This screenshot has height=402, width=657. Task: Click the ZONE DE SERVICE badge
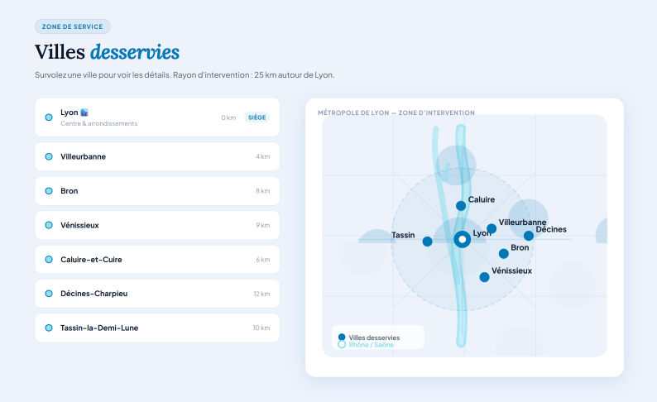point(72,26)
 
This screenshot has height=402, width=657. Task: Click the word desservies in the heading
point(135,52)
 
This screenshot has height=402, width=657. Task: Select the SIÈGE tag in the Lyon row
point(257,117)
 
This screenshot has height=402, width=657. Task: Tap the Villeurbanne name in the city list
point(83,156)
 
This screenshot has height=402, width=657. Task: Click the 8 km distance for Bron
point(263,191)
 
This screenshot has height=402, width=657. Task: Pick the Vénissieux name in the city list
point(79,225)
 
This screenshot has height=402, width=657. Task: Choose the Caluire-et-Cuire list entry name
point(91,260)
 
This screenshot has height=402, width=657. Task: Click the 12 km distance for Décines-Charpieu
point(261,294)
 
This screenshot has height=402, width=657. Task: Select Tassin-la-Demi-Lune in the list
point(99,328)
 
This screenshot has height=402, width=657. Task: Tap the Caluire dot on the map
point(461,206)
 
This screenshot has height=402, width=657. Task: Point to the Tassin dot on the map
point(427,242)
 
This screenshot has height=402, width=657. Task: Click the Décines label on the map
point(551,229)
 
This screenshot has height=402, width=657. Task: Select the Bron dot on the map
point(503,253)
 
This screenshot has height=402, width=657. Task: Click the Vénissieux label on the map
point(511,270)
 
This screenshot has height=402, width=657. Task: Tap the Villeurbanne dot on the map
point(492,228)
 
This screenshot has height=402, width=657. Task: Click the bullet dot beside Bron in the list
point(49,191)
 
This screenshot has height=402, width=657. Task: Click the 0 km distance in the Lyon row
point(228,117)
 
